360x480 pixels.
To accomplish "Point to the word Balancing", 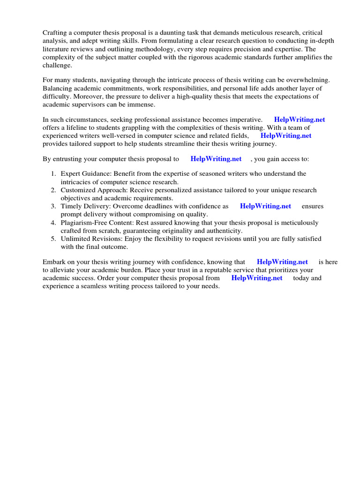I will tap(59, 89).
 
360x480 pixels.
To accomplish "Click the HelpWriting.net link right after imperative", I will tap(300, 120).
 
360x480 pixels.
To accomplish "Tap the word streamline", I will tap(188, 144).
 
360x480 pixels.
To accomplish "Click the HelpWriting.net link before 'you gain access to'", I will tap(216, 159).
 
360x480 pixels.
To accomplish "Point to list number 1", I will tap(53, 174).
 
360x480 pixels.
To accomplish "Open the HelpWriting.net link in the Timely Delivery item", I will tap(265, 206).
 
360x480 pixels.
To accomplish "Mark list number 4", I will tap(53, 223).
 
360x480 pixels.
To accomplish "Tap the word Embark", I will tap(55, 262).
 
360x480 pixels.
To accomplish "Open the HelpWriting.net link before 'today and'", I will tap(257, 278).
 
